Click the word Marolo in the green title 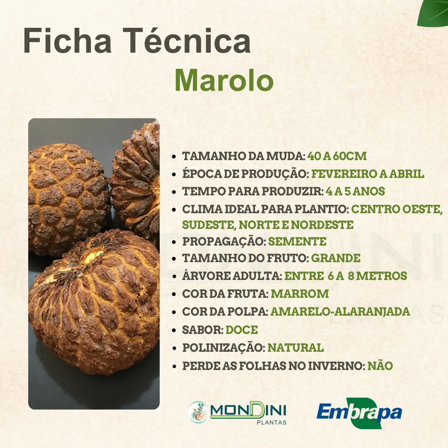tap(224, 80)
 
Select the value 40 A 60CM tap(337, 156)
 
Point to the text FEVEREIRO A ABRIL tap(368, 174)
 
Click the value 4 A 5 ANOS tap(355, 192)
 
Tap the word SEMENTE tap(297, 241)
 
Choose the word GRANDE tap(336, 258)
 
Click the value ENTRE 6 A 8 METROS tap(346, 276)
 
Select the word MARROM tap(299, 294)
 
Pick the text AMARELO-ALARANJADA tap(340, 312)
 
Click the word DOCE tap(242, 330)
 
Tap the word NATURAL tap(295, 348)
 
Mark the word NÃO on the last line tap(380, 366)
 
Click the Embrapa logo tap(359, 413)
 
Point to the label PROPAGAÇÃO tap(224, 241)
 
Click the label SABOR tap(203, 330)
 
